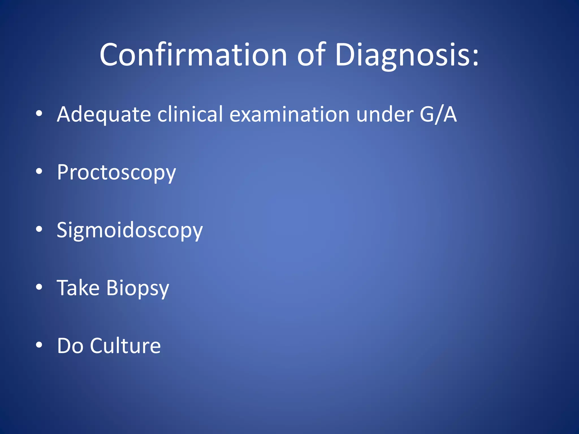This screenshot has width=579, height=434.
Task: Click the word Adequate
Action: click(104, 114)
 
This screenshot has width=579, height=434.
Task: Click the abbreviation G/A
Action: click(438, 114)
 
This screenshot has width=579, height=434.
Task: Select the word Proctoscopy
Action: click(116, 173)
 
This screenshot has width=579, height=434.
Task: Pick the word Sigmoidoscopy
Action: click(130, 230)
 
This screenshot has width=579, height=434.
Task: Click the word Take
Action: click(78, 288)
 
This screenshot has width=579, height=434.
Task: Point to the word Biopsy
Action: click(138, 288)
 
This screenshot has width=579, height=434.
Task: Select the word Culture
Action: click(125, 346)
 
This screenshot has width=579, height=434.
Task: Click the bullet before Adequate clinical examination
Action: click(39, 114)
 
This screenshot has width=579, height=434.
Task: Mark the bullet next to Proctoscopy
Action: click(39, 171)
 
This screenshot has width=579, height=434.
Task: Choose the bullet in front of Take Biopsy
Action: click(39, 287)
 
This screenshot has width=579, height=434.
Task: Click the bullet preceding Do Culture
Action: click(39, 345)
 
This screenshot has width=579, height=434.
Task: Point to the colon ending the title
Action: click(475, 58)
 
